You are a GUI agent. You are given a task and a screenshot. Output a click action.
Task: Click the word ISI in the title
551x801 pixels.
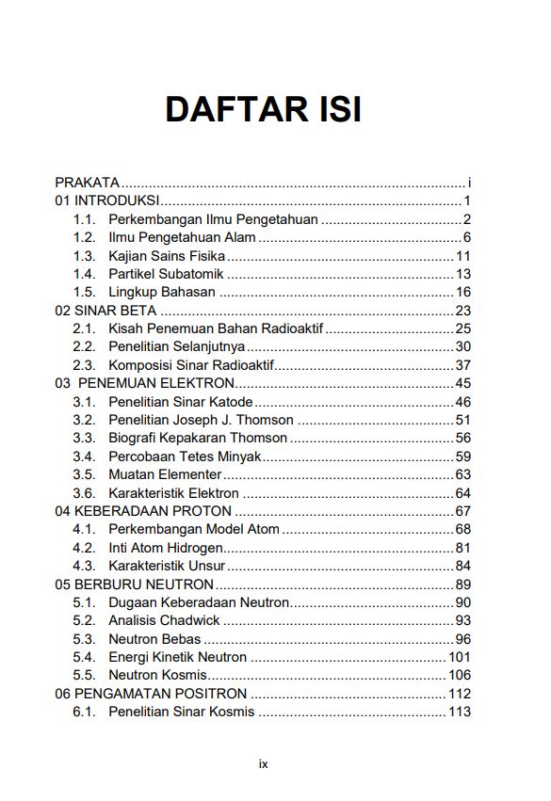[332, 110]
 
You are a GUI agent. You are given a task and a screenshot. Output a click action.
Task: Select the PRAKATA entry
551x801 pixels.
[88, 183]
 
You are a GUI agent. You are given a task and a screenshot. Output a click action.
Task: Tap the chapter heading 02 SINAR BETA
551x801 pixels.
[105, 311]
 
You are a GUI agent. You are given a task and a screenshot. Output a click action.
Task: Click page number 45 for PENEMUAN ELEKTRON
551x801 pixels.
[462, 383]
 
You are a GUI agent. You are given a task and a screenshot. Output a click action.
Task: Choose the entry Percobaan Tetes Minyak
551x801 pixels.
[184, 457]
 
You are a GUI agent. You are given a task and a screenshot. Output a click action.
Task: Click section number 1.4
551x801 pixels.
[84, 274]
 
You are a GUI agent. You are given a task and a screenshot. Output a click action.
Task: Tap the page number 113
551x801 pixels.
[459, 712]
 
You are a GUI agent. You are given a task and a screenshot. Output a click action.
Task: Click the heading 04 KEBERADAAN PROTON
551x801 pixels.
[143, 511]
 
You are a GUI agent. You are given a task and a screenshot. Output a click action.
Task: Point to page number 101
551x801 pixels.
[459, 657]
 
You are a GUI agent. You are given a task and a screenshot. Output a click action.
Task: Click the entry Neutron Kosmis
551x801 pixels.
[157, 676]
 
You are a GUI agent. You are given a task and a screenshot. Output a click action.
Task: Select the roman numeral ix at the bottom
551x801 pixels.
[264, 763]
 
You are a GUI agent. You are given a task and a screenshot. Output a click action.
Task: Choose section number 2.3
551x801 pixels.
[84, 365]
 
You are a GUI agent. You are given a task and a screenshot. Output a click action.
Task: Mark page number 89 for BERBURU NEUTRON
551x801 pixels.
[462, 585]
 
